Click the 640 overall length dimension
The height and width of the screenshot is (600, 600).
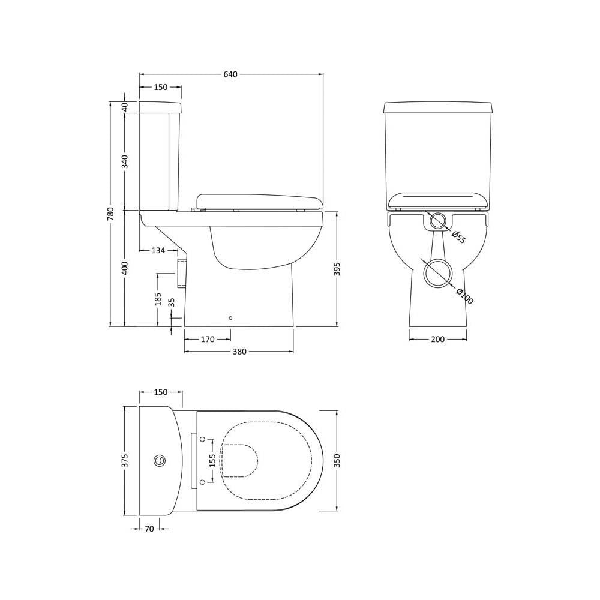(x=230, y=74)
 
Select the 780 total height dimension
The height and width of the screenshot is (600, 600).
(x=110, y=214)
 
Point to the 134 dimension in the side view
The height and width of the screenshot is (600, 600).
(x=158, y=251)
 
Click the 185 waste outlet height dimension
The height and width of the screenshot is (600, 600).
(x=158, y=299)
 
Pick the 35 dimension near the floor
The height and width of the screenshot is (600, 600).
(x=171, y=302)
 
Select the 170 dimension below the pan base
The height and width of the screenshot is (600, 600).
(x=208, y=339)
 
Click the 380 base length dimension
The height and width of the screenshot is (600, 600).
(x=239, y=352)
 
